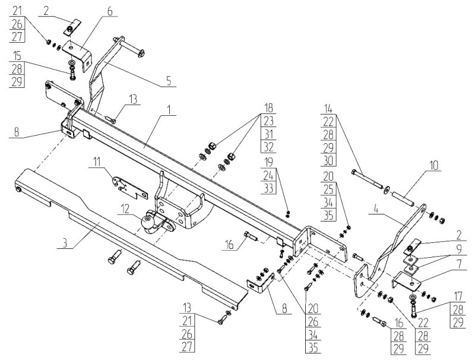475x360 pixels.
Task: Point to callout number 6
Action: click(x=109, y=11)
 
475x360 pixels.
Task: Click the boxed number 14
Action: click(x=328, y=109)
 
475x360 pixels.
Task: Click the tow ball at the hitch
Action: click(x=147, y=222)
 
